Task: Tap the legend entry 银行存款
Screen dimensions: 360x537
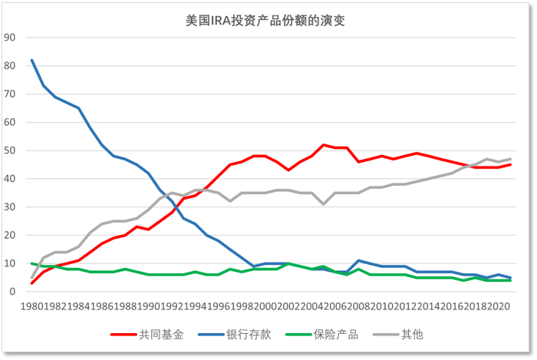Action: pos(239,335)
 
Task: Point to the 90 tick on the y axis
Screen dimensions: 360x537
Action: pos(10,38)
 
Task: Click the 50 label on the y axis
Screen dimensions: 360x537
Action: pos(10,150)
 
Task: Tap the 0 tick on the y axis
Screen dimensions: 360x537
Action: pos(13,292)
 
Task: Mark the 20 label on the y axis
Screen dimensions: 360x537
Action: pos(10,235)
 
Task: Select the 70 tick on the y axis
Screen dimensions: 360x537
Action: pos(10,94)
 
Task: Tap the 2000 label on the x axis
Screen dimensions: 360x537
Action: pos(265,306)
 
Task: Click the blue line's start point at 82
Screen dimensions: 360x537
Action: pos(31,60)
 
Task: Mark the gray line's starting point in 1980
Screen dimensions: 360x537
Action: pos(31,278)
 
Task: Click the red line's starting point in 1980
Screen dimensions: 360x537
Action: pos(31,283)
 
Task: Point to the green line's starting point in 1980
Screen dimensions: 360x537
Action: pos(31,263)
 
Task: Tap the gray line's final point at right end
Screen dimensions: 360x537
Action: pos(510,159)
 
